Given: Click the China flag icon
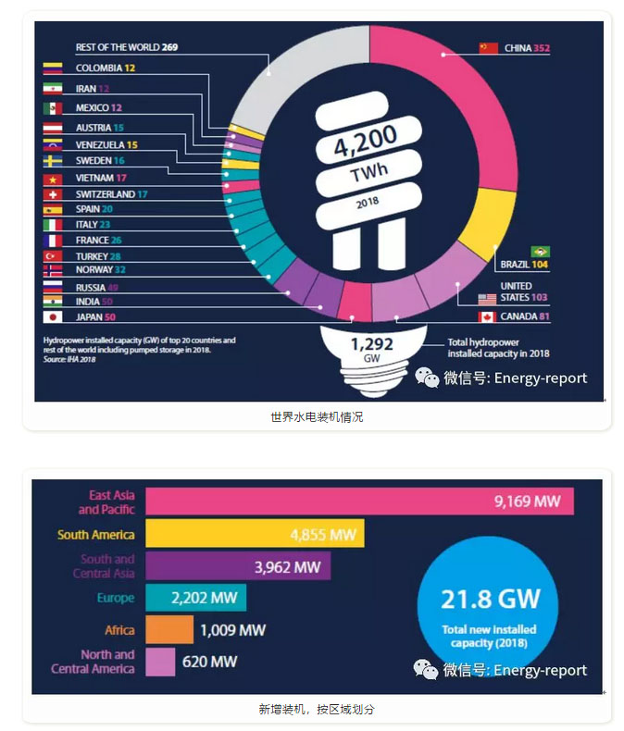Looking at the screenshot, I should pyautogui.click(x=488, y=47).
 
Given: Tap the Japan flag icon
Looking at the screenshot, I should pyautogui.click(x=53, y=317).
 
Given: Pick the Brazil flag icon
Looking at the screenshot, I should pyautogui.click(x=540, y=252).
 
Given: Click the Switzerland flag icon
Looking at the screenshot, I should pyautogui.click(x=53, y=194).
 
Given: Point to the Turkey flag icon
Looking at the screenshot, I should pyautogui.click(x=53, y=255).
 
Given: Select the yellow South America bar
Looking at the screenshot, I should pyautogui.click(x=255, y=535).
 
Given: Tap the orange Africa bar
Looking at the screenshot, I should pyautogui.click(x=169, y=630).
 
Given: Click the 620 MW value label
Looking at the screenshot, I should pyautogui.click(x=210, y=662).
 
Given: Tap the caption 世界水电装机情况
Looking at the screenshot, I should pyautogui.click(x=317, y=417).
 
